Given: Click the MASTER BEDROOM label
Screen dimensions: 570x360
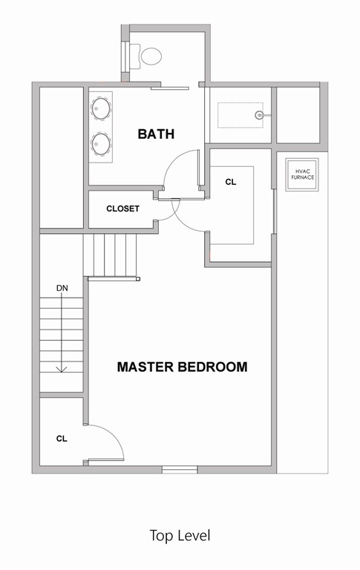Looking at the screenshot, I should pyautogui.click(x=182, y=367).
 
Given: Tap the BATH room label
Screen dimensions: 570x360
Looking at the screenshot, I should pyautogui.click(x=156, y=134).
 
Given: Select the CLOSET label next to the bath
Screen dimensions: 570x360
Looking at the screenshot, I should pyautogui.click(x=122, y=209).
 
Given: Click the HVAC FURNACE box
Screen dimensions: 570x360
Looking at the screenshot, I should pyautogui.click(x=302, y=175).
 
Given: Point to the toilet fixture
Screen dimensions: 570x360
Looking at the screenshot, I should pyautogui.click(x=148, y=55).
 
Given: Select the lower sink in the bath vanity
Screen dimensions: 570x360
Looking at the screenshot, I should pyautogui.click(x=99, y=141).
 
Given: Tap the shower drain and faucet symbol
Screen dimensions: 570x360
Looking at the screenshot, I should pyautogui.click(x=260, y=115).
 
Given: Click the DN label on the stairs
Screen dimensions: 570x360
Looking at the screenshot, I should pyautogui.click(x=62, y=287).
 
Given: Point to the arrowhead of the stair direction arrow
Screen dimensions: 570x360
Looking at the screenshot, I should pyautogui.click(x=62, y=368).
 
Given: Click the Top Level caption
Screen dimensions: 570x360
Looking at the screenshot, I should pyautogui.click(x=180, y=535).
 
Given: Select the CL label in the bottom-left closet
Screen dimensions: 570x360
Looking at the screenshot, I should pyautogui.click(x=62, y=439).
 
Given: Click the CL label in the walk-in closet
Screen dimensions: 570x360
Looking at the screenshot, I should pyautogui.click(x=231, y=182).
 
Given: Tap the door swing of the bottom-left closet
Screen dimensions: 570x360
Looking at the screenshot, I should pyautogui.click(x=108, y=442).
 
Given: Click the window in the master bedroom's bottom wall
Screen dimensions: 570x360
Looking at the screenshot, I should pyautogui.click(x=180, y=469).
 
